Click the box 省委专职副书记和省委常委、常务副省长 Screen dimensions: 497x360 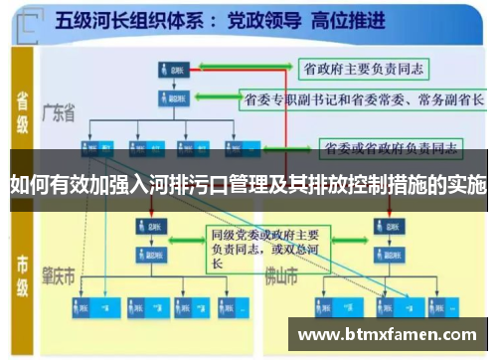tap(364, 99)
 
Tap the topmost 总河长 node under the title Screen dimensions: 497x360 tap(173, 70)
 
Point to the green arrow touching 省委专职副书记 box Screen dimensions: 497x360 tap(215, 99)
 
